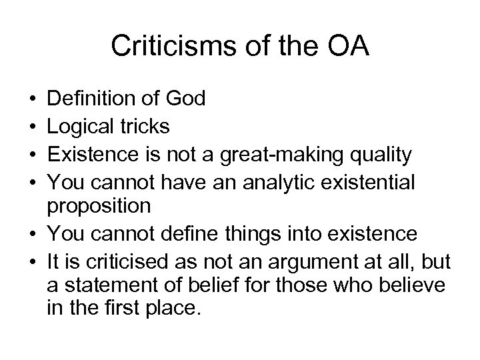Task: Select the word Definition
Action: click(89, 100)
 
